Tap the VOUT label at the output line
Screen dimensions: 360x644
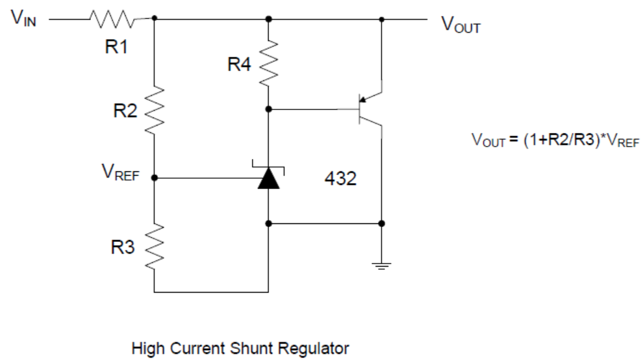coord(460,25)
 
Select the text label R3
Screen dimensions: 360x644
coord(124,247)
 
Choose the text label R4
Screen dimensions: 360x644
coord(241,64)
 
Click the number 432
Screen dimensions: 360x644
coord(340,179)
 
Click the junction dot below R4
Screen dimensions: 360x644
coord(268,109)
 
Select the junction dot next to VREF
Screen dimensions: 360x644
coord(153,178)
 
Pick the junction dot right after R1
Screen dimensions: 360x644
coord(153,19)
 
